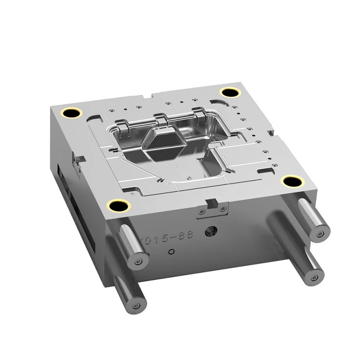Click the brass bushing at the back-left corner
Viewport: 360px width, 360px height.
(72, 113)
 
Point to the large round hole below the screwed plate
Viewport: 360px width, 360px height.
(209, 232)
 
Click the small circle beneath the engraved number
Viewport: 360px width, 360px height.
(171, 251)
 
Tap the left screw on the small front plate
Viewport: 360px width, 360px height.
(202, 211)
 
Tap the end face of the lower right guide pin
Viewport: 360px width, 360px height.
(314, 278)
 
